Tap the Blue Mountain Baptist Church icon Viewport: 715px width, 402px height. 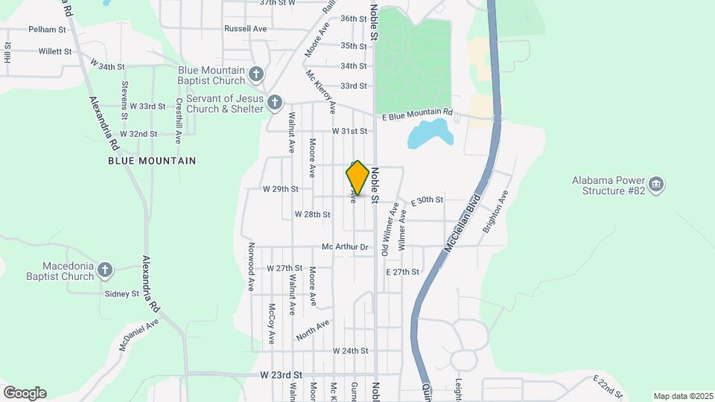pyautogui.click(x=256, y=74)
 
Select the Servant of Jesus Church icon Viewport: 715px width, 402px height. pyautogui.click(x=275, y=102)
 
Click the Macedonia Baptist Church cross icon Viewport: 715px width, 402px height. pyautogui.click(x=106, y=270)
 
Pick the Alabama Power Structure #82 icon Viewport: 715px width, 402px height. pyautogui.click(x=655, y=185)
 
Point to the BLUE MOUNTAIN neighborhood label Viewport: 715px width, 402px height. pyautogui.click(x=152, y=161)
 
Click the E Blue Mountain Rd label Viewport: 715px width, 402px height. pyautogui.click(x=416, y=114)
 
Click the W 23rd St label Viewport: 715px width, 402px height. pyautogui.click(x=282, y=374)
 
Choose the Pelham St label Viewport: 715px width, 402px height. pyautogui.click(x=48, y=30)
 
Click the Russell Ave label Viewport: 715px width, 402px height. pyautogui.click(x=245, y=29)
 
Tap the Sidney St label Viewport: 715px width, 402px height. pyautogui.click(x=122, y=294)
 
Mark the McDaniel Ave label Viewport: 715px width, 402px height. pyautogui.click(x=139, y=336)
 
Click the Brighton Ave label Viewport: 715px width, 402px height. pyautogui.click(x=495, y=212)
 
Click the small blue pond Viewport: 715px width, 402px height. pyautogui.click(x=430, y=135)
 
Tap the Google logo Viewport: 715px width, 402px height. pyautogui.click(x=25, y=393)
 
